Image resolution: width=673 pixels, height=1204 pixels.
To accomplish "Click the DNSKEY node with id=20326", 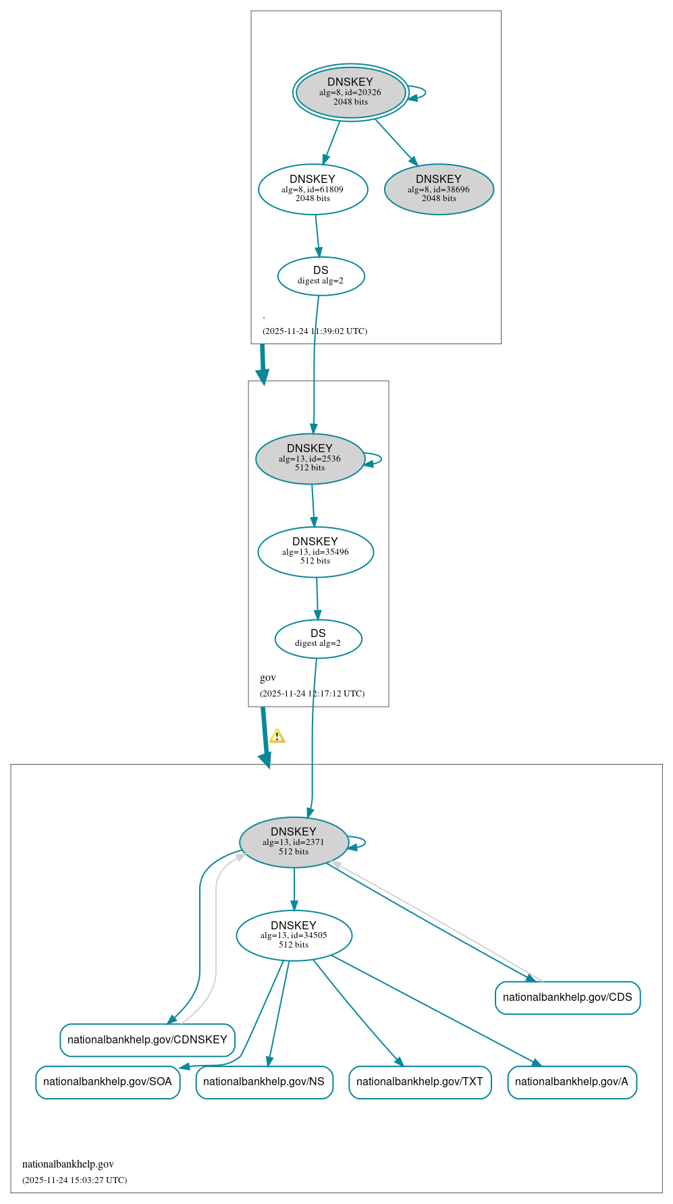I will pos(350,92).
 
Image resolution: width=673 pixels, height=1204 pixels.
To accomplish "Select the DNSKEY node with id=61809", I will pos(313,189).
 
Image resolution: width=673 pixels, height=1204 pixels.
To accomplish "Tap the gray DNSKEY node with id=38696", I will pos(439,189).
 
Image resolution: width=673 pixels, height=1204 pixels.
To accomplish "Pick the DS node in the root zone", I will pos(321,275).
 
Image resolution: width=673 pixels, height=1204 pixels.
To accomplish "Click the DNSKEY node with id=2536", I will pos(310,458).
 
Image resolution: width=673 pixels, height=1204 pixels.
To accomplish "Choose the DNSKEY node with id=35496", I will pos(315,551).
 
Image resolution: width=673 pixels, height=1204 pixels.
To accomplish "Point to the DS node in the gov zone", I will pos(318,638).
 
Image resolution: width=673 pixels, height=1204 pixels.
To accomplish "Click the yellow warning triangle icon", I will pos(277,736).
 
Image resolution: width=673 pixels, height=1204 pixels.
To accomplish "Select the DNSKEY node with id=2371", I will pos(294,842).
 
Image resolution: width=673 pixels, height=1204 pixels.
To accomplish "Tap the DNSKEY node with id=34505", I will pos(294,935).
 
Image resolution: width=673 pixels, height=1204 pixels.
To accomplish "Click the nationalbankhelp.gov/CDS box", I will pos(567,997).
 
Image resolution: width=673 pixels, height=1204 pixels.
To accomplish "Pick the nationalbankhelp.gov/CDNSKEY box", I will pos(147,1039).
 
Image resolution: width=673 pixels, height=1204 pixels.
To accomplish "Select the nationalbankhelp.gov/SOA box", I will pos(107,1082).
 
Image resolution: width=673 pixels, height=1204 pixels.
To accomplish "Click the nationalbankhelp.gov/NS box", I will pos(264,1082).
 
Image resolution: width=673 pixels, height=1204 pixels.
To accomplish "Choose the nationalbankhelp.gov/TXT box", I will pos(420,1082).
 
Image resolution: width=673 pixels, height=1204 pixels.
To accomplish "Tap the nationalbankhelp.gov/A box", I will pos(572,1082).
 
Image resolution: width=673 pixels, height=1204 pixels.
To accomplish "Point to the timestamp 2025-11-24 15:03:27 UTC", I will pos(74,1180).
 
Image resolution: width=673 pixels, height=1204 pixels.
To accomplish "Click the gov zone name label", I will pos(268,678).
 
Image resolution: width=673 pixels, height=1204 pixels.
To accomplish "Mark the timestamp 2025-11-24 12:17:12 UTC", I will pos(312,693).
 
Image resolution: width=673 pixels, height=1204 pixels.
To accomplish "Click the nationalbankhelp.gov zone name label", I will pos(68,1164).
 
